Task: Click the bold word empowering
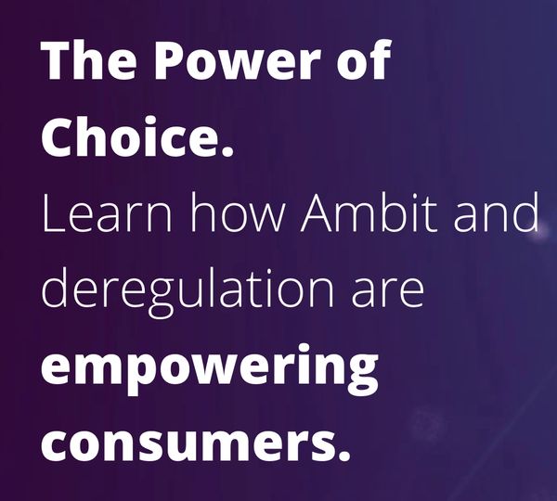tap(210, 366)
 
